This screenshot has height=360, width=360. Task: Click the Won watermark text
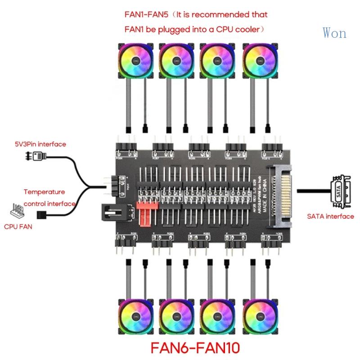334,33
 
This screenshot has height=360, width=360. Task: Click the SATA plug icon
340,191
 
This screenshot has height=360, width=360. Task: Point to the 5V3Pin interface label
40,144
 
